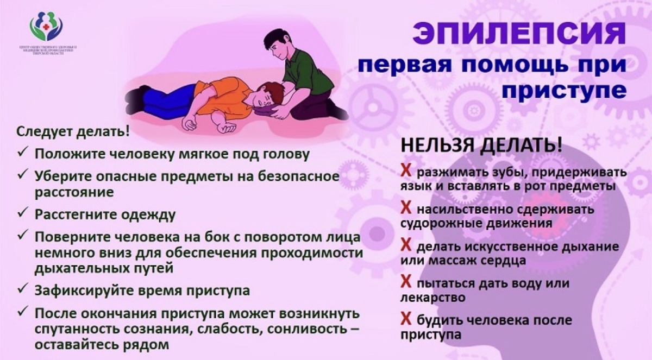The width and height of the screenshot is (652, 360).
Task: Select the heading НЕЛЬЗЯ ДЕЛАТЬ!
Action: [481, 146]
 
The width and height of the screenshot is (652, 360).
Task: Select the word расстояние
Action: [74, 193]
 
